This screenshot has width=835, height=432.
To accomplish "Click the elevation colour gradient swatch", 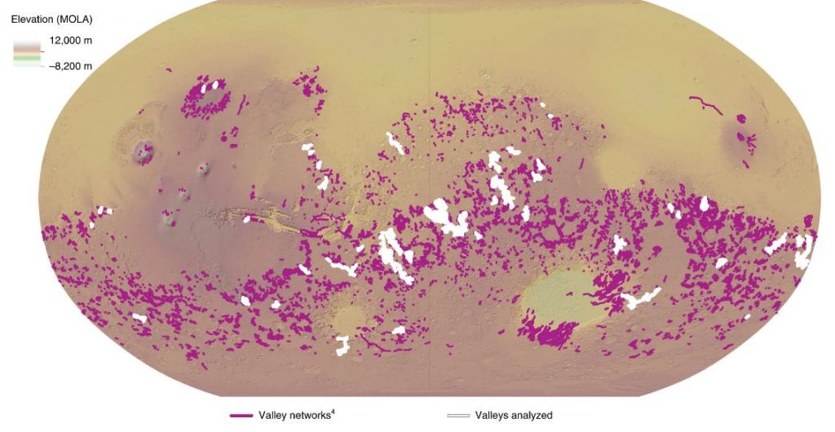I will pos(25,53).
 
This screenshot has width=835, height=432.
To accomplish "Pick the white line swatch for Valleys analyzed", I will pos(458,416).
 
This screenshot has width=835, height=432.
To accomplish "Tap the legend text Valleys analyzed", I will pos(514,416).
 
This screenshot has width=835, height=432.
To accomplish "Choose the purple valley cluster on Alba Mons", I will pos(208,100).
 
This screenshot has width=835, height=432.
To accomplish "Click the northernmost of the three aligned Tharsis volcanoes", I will pos(204,168).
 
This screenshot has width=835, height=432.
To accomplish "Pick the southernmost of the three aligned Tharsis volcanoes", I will pos(169,219).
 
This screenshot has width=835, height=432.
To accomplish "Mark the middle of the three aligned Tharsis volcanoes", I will pos(184,194).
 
